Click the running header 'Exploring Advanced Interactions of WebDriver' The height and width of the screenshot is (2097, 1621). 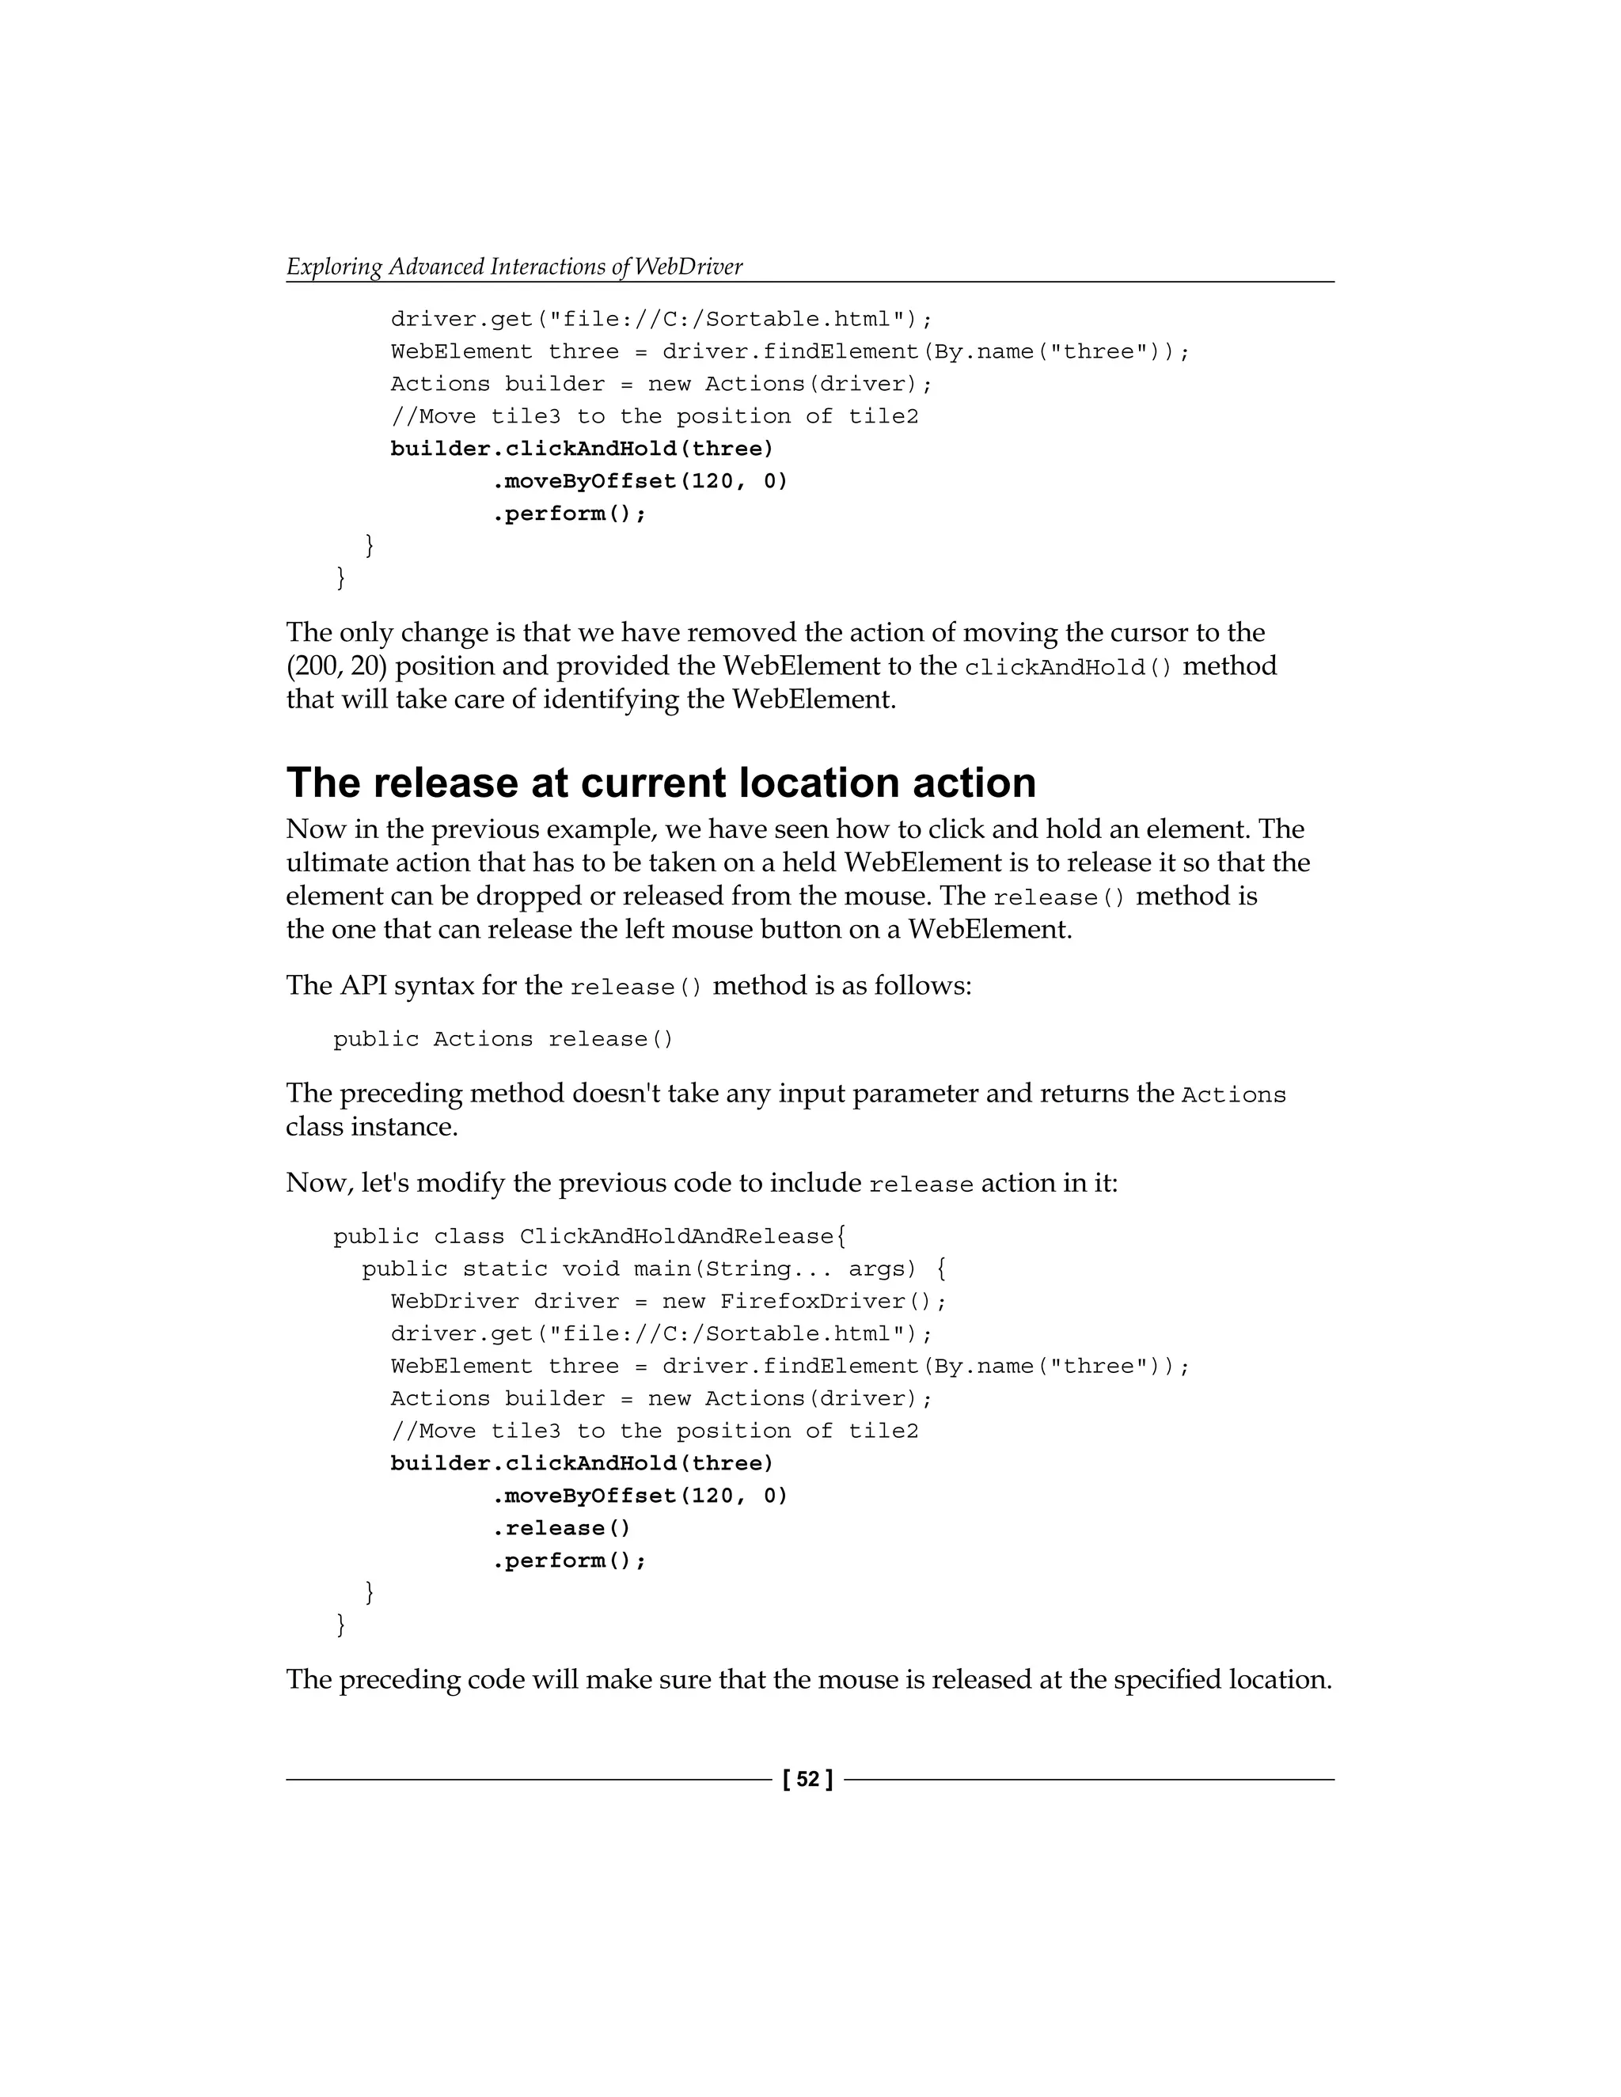pos(514,267)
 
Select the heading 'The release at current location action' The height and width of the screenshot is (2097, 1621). pos(661,783)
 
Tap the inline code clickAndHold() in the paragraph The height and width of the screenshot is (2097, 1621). pos(1068,667)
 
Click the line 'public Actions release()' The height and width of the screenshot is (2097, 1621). pos(503,1039)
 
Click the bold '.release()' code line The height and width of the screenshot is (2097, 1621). pos(561,1527)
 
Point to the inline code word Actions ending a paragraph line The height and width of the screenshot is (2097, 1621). pos(1233,1095)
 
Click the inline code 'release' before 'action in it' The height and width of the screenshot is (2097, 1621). pos(921,1185)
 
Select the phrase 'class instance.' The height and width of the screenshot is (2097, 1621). pos(372,1126)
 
